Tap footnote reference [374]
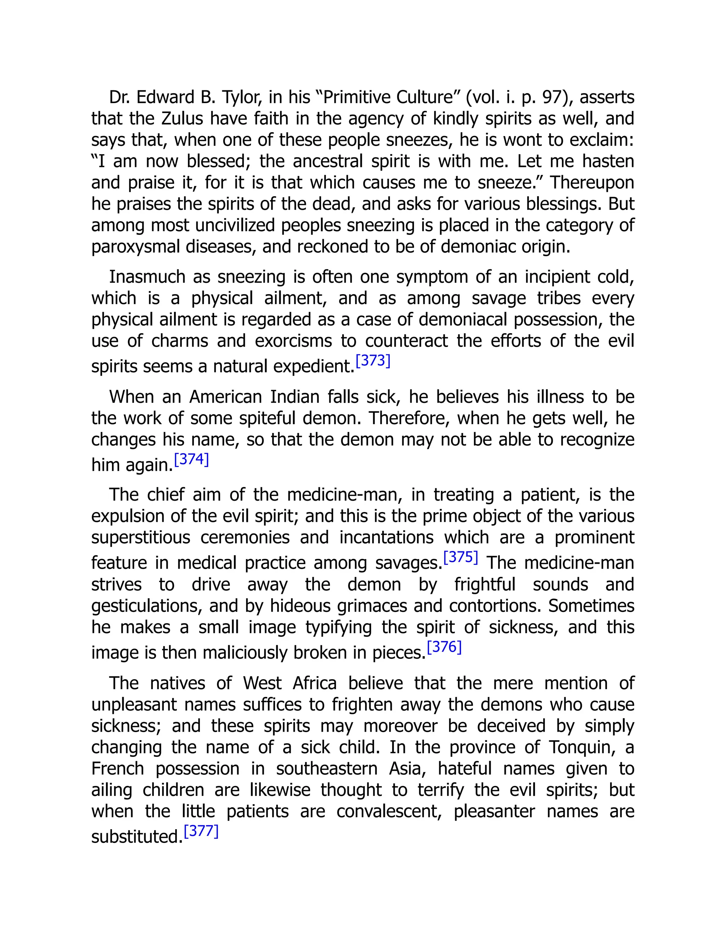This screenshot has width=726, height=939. [x=191, y=459]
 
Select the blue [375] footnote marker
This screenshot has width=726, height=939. [x=460, y=557]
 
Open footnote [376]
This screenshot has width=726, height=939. [x=444, y=647]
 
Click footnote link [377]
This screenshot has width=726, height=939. [x=201, y=831]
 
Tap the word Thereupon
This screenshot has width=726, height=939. [x=592, y=183]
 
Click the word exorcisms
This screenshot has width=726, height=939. [x=293, y=341]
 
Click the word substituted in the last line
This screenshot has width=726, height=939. [x=135, y=837]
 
